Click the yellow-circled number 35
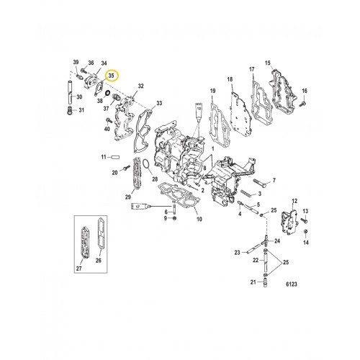coord(111,75)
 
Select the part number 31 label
coord(81,109)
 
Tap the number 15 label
coord(268,63)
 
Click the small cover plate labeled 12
coord(292,220)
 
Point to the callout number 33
coord(158,103)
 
